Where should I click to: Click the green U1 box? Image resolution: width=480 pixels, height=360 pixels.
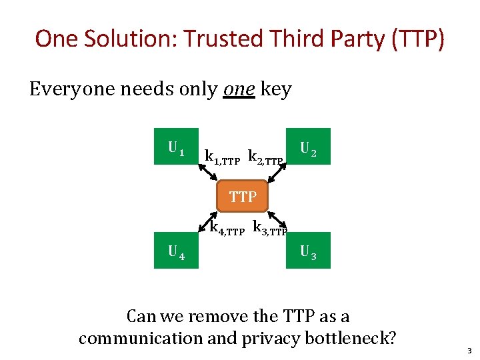(x=176, y=146)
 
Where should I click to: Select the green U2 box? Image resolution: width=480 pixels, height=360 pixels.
(x=308, y=146)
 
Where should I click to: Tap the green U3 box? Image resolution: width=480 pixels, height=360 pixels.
(x=308, y=250)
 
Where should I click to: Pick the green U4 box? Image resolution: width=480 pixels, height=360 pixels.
(x=176, y=250)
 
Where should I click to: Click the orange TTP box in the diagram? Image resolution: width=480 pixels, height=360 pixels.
(x=243, y=197)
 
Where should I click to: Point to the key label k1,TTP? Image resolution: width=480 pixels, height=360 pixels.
(x=222, y=158)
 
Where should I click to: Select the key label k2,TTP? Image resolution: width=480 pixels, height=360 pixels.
(x=265, y=158)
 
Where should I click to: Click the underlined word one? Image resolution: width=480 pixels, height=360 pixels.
(x=239, y=89)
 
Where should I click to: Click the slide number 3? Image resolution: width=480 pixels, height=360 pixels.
(x=469, y=350)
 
